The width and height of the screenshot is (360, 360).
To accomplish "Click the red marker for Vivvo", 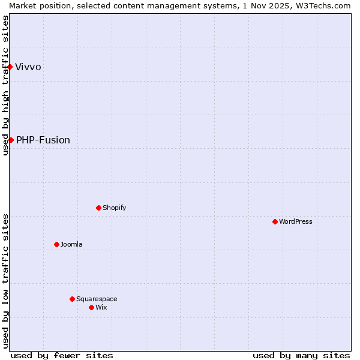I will (10, 67).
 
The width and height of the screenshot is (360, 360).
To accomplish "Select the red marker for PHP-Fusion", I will (11, 140).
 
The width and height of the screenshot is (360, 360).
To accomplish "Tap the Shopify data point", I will (98, 208).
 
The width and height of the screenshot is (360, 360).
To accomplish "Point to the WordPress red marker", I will (275, 221).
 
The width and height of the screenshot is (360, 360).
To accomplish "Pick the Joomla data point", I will (56, 244).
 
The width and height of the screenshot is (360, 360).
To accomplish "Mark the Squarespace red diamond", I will (72, 299).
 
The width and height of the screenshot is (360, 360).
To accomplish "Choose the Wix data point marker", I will (91, 307).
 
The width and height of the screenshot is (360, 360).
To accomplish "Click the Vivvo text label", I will (28, 67).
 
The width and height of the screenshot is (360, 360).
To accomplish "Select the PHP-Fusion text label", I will (43, 140).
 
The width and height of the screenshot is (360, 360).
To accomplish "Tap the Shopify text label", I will (114, 208).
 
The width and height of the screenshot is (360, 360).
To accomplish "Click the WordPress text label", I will (296, 221).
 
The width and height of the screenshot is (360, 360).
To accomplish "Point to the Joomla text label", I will (71, 244).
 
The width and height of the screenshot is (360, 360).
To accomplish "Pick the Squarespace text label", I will (97, 299).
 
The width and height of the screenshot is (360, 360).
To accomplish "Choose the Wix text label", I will (101, 307).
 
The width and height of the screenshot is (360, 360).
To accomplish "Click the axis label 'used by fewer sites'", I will (62, 355).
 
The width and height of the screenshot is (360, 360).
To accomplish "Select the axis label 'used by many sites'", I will (301, 355).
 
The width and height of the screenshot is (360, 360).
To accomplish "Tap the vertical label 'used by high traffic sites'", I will (5, 85).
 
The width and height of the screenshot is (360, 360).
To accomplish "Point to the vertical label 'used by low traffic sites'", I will (5, 281).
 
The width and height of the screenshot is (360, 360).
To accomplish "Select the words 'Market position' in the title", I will (37, 5).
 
